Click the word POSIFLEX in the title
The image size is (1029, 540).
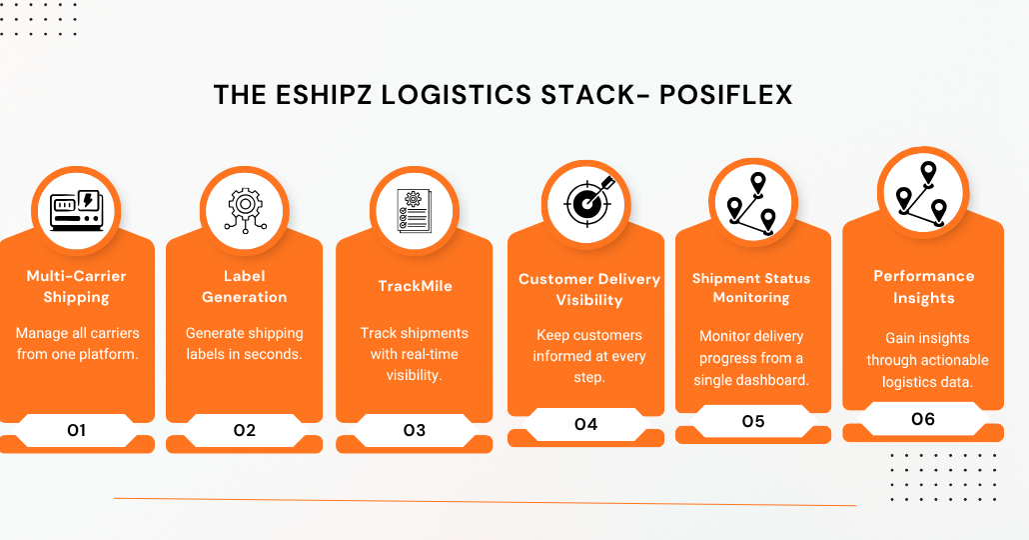coord(726,95)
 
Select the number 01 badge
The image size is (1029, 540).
coord(77,430)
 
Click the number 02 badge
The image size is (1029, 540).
coord(244,430)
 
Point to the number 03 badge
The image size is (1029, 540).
coord(414,430)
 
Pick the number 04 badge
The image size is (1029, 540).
coord(586,424)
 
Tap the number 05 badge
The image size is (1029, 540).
coord(753,421)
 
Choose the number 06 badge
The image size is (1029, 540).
coord(923,419)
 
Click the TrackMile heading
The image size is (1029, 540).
coord(415,286)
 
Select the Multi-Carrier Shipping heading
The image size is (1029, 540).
coord(76,286)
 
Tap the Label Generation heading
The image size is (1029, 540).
coord(244,286)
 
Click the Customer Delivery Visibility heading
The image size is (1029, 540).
coord(589,290)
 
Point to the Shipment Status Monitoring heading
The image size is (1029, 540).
coord(751,288)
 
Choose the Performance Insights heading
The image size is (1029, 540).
coord(924,287)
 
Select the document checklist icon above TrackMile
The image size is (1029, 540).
coord(414,211)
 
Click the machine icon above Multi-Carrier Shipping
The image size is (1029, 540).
coord(76,210)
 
